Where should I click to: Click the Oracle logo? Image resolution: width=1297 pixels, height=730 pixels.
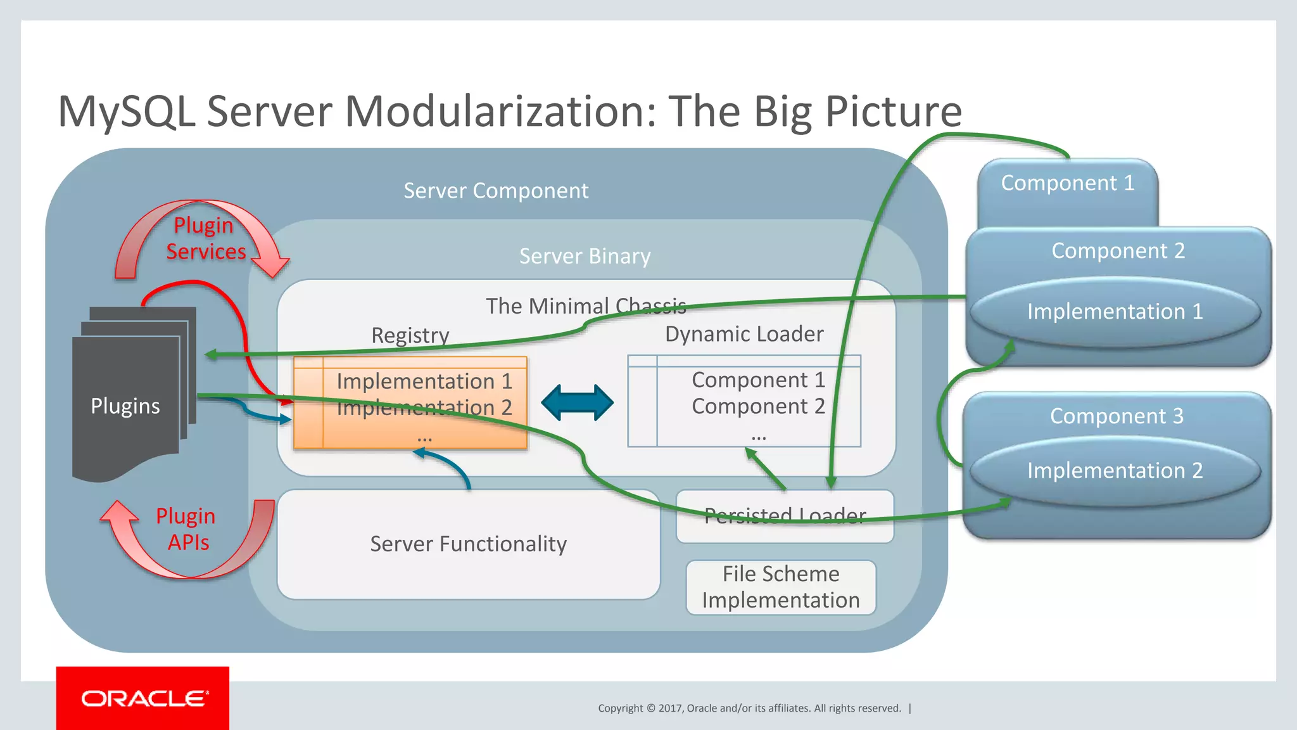tap(143, 698)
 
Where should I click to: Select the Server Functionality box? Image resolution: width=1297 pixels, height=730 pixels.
tap(469, 544)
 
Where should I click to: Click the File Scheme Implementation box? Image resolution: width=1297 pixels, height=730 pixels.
tap(781, 587)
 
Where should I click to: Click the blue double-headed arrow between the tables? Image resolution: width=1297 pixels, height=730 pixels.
tap(577, 403)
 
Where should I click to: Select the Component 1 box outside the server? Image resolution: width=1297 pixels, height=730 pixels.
tap(1068, 184)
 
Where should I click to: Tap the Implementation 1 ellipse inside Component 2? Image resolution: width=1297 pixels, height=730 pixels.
tap(1115, 312)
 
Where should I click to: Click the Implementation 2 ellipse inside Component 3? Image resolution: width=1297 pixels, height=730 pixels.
tap(1115, 471)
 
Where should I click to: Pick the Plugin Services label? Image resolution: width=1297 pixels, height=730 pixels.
tap(205, 239)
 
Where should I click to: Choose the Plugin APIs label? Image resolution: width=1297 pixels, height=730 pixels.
tap(186, 529)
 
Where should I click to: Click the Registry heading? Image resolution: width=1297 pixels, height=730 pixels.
tap(410, 335)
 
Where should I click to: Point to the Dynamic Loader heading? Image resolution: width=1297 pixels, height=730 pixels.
tap(744, 334)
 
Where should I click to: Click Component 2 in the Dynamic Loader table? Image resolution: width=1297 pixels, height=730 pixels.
tap(758, 406)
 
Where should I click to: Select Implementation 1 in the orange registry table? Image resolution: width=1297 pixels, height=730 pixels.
tap(424, 381)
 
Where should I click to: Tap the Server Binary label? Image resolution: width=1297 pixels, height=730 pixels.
tap(585, 256)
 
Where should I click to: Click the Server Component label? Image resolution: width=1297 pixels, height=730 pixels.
tap(496, 191)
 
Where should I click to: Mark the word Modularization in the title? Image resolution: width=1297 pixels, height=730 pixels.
tap(500, 112)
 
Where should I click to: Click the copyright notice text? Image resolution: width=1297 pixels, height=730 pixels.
tap(749, 708)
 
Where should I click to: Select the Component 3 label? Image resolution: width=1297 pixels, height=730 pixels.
tap(1117, 416)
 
